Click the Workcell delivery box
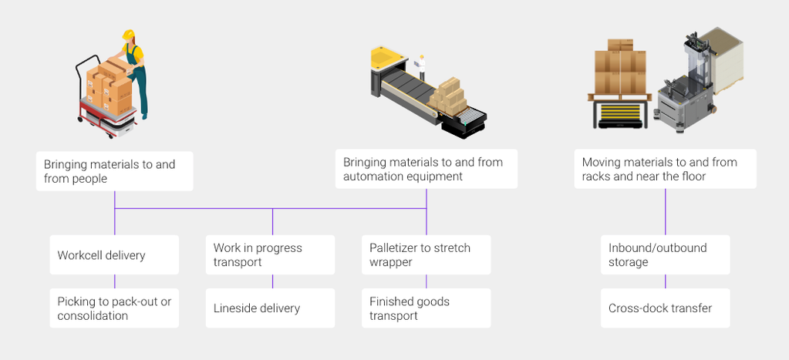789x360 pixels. [x=114, y=255]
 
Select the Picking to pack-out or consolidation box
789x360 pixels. [x=114, y=308]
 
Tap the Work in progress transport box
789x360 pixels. [x=270, y=255]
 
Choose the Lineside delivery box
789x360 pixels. [x=270, y=308]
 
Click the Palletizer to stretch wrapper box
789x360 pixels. [x=426, y=255]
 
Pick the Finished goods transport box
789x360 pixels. [x=426, y=308]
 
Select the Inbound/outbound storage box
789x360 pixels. [x=665, y=255]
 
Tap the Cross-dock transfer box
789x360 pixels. [x=665, y=308]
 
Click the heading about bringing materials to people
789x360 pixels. [x=114, y=171]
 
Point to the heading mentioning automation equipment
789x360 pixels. [x=426, y=169]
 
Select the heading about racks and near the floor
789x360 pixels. [x=665, y=169]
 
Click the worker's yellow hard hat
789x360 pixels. [x=128, y=35]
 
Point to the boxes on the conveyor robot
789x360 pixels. [x=447, y=96]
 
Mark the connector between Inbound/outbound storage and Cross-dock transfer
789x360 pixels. [x=665, y=281]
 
